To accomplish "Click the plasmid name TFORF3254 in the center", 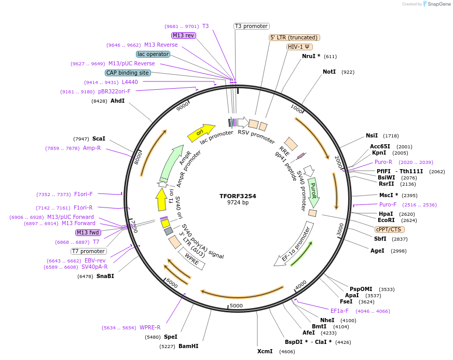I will point(238,196).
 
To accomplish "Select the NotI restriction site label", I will point(329,72).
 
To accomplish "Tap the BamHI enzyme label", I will point(188,346).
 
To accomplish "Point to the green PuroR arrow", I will point(313,192).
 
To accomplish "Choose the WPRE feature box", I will point(192,259).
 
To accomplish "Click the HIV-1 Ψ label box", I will point(299,47).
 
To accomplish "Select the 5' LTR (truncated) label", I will point(294,37).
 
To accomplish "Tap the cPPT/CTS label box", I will point(389,229).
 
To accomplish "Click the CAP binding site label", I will point(128,73).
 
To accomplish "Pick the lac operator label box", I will point(153,54).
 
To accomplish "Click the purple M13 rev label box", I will point(183,35).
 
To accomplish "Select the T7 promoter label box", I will point(89,251).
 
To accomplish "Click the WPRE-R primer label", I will point(150,327).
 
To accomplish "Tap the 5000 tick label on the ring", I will point(236,306).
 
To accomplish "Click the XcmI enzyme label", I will point(265,351).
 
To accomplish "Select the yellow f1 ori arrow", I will point(161,200).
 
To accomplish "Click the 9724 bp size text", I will point(238,203).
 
